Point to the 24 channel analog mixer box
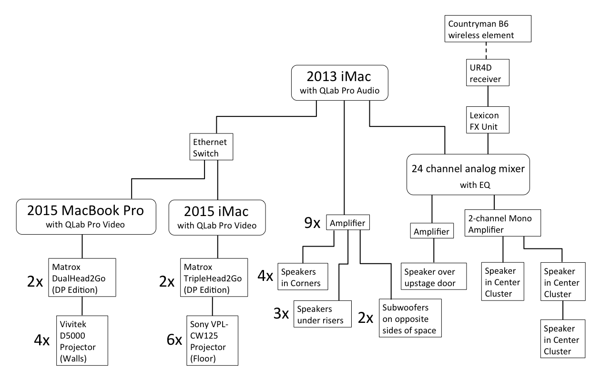point(468,174)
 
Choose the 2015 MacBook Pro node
point(86,217)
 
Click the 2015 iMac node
point(217,217)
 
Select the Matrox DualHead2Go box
point(82,278)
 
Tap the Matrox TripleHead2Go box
point(213,278)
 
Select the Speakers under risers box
point(323,314)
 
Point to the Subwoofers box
point(409,318)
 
